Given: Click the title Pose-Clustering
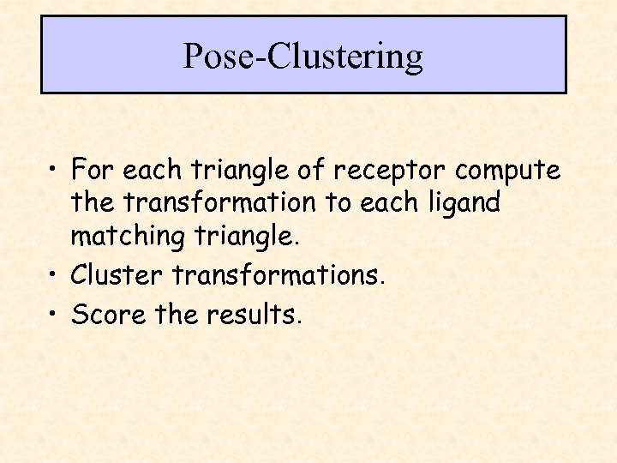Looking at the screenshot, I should point(303,57).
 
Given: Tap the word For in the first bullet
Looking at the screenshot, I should point(93,170).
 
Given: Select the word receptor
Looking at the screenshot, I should point(391,171).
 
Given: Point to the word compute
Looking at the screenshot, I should point(508,171).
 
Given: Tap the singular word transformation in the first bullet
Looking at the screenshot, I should point(219,203).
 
